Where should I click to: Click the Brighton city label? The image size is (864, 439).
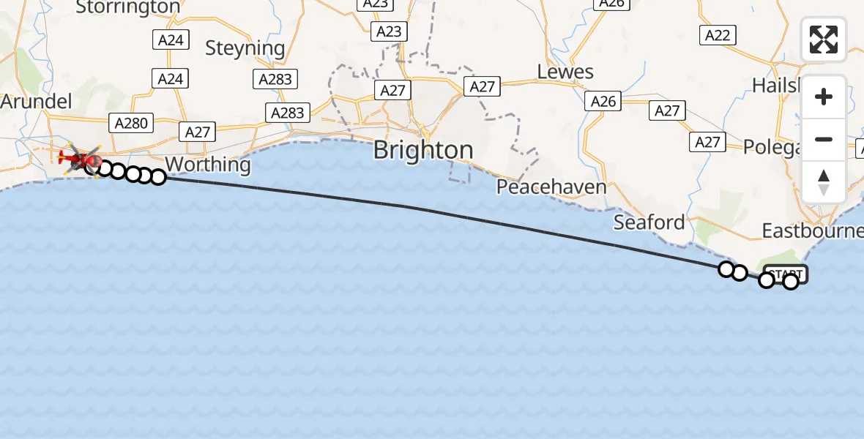(x=422, y=150)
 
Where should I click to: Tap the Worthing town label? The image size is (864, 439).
(x=208, y=164)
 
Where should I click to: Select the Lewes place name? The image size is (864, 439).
(x=565, y=72)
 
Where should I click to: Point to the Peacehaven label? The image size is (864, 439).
(x=551, y=187)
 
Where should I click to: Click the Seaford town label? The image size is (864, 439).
(x=649, y=222)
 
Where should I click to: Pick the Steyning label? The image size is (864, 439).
(x=245, y=48)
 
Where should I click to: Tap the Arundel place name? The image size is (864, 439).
(x=36, y=101)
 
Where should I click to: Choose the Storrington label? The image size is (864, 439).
(x=127, y=7)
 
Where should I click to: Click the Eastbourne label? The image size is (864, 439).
(x=811, y=231)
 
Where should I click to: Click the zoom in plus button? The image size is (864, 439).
(x=824, y=97)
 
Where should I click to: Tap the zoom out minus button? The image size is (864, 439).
(x=824, y=139)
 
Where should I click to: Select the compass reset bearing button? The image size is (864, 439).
(x=824, y=181)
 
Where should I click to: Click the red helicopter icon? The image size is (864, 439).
(x=81, y=157)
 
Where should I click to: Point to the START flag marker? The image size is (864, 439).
(x=786, y=274)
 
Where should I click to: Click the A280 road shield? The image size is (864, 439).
(x=131, y=123)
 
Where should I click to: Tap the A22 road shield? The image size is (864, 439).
(x=718, y=35)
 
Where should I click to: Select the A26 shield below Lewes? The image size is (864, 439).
(x=603, y=102)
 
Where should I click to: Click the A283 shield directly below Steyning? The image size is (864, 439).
(x=275, y=79)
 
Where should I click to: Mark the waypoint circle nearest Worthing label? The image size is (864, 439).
(x=157, y=176)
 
